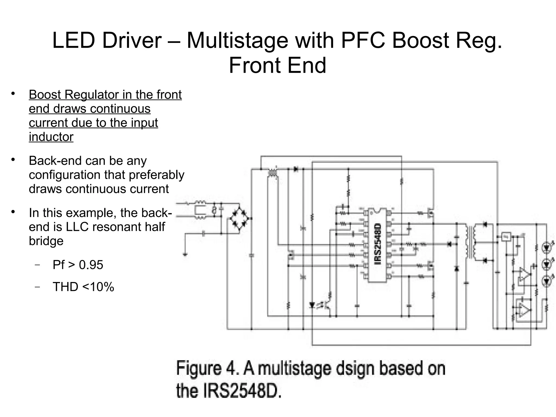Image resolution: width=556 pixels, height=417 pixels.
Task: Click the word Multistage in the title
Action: point(237,40)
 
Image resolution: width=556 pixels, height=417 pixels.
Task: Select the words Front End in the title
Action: point(277,65)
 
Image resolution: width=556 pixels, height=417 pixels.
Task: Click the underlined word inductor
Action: point(51,137)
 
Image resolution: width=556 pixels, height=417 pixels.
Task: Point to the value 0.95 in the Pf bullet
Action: point(91,265)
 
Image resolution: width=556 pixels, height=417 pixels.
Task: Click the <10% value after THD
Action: point(98,287)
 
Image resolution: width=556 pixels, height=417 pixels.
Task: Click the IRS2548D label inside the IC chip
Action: point(378,244)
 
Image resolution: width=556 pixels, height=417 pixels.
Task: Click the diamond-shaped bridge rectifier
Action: point(239,218)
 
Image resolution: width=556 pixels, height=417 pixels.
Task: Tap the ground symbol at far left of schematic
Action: point(185,255)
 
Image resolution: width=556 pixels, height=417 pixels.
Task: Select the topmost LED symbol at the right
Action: point(546,247)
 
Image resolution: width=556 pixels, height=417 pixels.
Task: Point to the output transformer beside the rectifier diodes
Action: point(470,243)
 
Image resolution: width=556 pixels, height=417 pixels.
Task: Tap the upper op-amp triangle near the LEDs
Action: point(524,274)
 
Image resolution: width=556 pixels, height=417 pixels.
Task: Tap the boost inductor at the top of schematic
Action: point(272,173)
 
